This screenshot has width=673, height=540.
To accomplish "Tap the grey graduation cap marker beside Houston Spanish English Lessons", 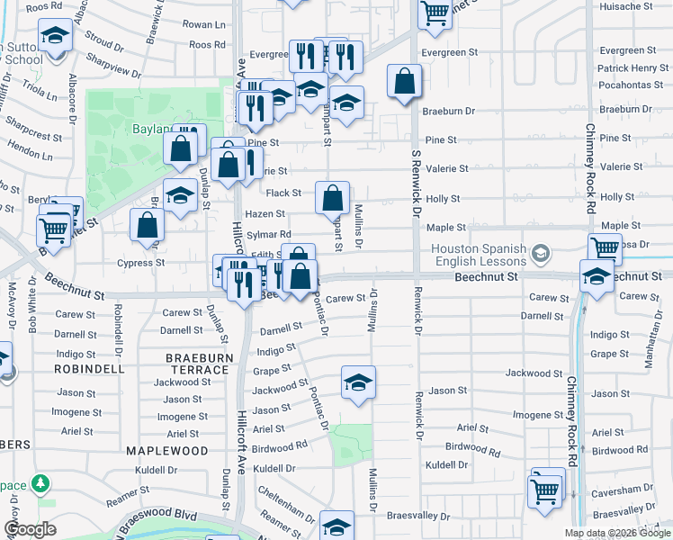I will pos(540,253).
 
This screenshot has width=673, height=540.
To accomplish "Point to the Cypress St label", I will pos(141,263).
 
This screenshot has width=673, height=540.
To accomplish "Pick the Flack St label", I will pos(283,193).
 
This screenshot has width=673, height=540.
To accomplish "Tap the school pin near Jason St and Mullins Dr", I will pos(358,383).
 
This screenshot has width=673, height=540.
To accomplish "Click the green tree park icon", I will pos(40,483).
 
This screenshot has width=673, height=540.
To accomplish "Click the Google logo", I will pos(30,529).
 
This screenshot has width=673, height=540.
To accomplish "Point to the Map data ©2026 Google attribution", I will pos(618,533).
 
